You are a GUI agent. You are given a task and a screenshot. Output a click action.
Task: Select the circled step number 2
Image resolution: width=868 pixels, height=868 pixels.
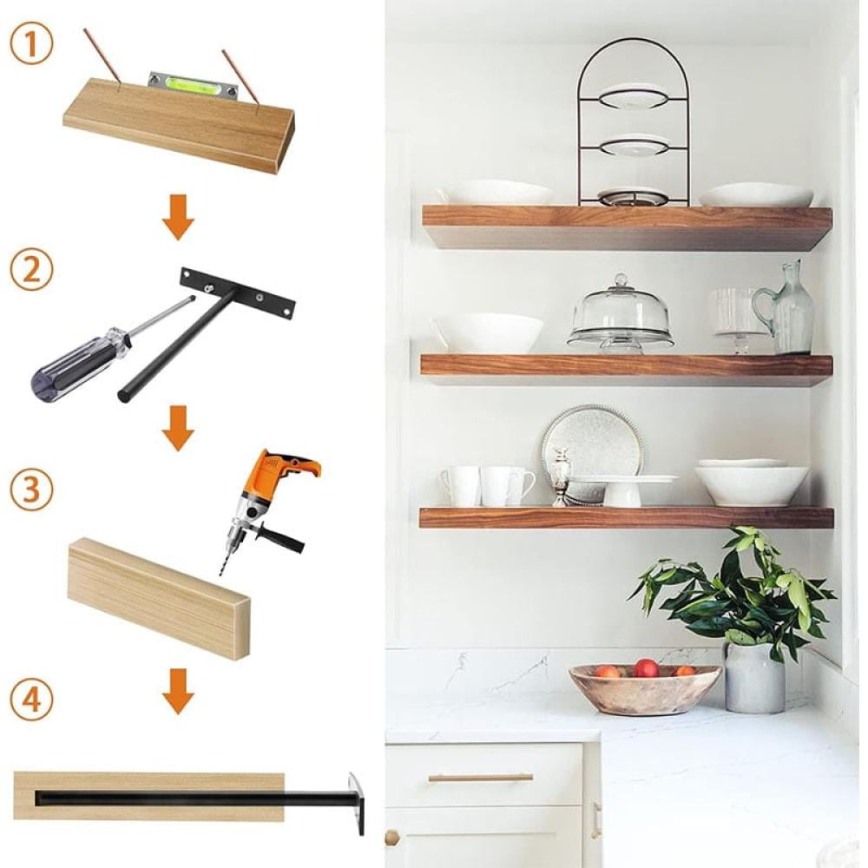pyautogui.click(x=31, y=271)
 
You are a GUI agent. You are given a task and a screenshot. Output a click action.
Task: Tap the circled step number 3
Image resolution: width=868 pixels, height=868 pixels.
pyautogui.click(x=31, y=490)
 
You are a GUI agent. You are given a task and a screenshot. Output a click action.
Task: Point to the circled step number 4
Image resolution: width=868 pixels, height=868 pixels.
pyautogui.click(x=31, y=699)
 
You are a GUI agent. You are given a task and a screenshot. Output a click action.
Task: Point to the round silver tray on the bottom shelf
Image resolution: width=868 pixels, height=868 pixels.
pyautogui.click(x=592, y=449)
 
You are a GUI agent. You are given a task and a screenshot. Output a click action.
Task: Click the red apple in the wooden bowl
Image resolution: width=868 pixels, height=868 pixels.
pyautogui.click(x=646, y=668)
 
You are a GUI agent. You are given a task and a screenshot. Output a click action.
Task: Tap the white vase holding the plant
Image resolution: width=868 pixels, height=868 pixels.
pyautogui.click(x=755, y=678)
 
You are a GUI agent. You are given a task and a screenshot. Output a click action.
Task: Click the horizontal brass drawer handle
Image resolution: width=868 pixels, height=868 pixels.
pyautogui.click(x=481, y=778)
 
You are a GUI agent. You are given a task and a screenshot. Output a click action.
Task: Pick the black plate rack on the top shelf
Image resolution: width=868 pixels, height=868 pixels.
pyautogui.click(x=633, y=122)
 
